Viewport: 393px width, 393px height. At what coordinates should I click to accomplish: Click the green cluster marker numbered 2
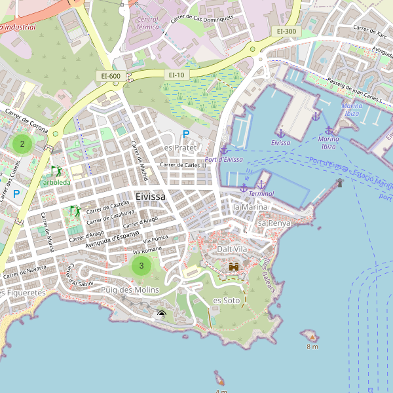pyautogui.click(x=22, y=143)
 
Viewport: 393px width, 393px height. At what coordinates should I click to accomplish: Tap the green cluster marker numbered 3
pyautogui.click(x=141, y=265)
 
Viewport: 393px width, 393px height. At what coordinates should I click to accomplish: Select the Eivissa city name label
pyautogui.click(x=151, y=196)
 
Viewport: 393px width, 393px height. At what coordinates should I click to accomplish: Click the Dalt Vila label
pyautogui.click(x=233, y=250)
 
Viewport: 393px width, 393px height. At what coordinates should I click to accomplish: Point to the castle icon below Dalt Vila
pyautogui.click(x=233, y=267)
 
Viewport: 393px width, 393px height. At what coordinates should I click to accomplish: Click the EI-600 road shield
pyautogui.click(x=111, y=76)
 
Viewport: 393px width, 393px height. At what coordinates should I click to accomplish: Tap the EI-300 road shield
pyautogui.click(x=286, y=31)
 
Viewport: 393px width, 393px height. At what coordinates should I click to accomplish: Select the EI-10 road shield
pyautogui.click(x=177, y=75)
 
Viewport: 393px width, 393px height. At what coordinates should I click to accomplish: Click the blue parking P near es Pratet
pyautogui.click(x=186, y=134)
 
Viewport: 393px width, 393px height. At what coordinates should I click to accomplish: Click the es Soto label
pyautogui.click(x=227, y=301)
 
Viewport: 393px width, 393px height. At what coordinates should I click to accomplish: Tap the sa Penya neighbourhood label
pyautogui.click(x=274, y=223)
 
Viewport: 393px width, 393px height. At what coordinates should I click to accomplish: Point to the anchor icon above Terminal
pyautogui.click(x=261, y=184)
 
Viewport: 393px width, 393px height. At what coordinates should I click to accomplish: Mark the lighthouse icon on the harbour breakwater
pyautogui.click(x=339, y=183)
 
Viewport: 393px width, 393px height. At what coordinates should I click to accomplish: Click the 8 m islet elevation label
pyautogui.click(x=312, y=346)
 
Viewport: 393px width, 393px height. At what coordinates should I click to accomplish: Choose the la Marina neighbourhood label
pyautogui.click(x=250, y=207)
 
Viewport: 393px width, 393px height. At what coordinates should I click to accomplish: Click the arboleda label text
pyautogui.click(x=56, y=182)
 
